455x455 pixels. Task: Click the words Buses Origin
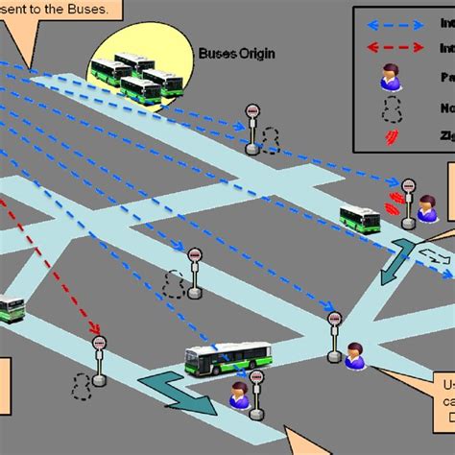tap(236, 54)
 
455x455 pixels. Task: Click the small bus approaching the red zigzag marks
tap(360, 219)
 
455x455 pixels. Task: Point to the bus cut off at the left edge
tap(11, 309)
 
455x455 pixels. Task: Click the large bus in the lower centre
tap(228, 359)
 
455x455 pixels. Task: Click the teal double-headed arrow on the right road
tap(397, 263)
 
